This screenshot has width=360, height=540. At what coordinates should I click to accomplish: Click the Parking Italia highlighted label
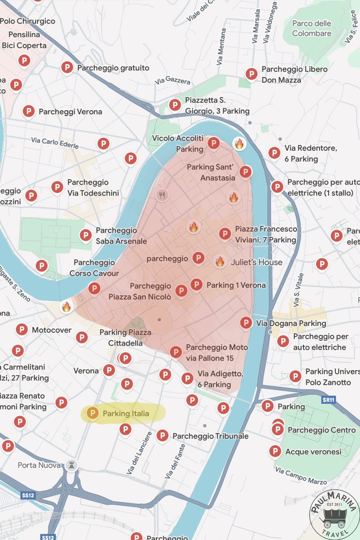click(123, 413)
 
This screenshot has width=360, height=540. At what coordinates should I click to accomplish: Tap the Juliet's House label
click(256, 262)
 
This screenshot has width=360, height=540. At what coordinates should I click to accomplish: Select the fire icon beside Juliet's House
click(220, 262)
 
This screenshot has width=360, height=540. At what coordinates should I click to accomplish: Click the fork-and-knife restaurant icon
click(162, 196)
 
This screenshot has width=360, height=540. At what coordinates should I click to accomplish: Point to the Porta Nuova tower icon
click(71, 465)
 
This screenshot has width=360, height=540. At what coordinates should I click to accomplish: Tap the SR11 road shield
click(328, 400)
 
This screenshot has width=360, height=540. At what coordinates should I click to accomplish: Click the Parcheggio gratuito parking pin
click(67, 67)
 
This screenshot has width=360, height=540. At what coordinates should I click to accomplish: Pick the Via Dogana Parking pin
click(246, 323)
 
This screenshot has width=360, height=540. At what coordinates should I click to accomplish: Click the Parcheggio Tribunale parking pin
click(162, 435)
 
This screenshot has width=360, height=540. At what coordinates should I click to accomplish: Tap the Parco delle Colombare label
click(312, 28)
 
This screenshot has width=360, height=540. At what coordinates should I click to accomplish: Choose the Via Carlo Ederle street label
click(55, 142)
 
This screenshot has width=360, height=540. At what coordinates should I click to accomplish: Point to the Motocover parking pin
click(22, 329)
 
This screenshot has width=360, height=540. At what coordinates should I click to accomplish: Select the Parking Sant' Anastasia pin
click(246, 172)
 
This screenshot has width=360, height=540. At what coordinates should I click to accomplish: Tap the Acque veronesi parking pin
click(275, 451)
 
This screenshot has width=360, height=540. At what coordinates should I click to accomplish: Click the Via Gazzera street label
click(172, 80)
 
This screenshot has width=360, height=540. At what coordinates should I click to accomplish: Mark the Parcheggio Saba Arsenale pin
click(86, 235)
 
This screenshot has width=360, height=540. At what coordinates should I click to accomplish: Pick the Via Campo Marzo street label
click(301, 475)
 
